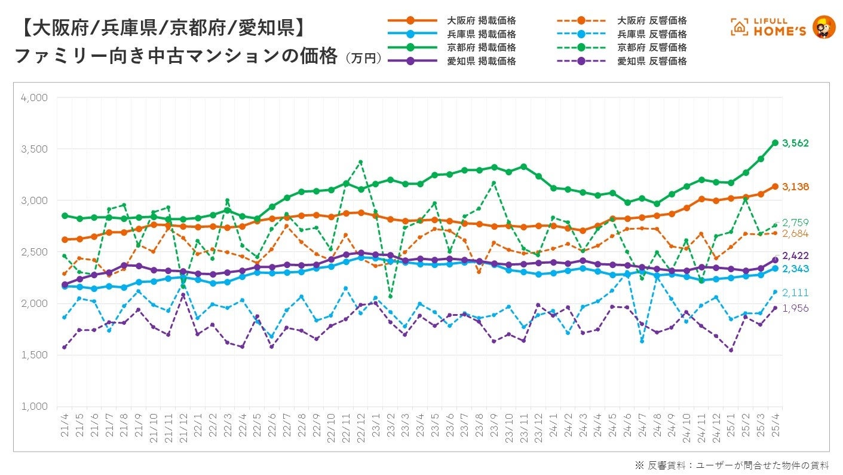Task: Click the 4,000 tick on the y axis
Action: (35, 98)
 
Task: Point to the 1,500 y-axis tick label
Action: (35, 355)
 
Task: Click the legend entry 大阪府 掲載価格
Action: (481, 21)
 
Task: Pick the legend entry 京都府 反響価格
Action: (652, 47)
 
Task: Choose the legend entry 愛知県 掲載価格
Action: (481, 61)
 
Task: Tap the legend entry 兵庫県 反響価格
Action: (652, 34)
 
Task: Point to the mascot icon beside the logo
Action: (824, 27)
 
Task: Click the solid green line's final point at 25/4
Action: (775, 142)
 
